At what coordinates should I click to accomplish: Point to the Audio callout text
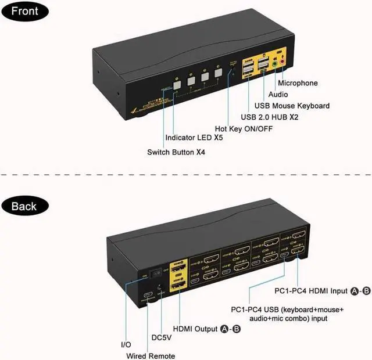(278, 94)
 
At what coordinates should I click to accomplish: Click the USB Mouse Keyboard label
(292, 106)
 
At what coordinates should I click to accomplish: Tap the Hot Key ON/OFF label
(244, 128)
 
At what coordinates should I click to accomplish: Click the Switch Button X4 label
(176, 152)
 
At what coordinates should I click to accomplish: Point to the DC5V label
(161, 337)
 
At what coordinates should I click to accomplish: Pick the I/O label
(126, 345)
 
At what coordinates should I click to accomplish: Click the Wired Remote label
(151, 356)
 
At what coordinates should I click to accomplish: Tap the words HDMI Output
(198, 329)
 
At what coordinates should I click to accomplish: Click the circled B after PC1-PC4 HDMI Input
(366, 291)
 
